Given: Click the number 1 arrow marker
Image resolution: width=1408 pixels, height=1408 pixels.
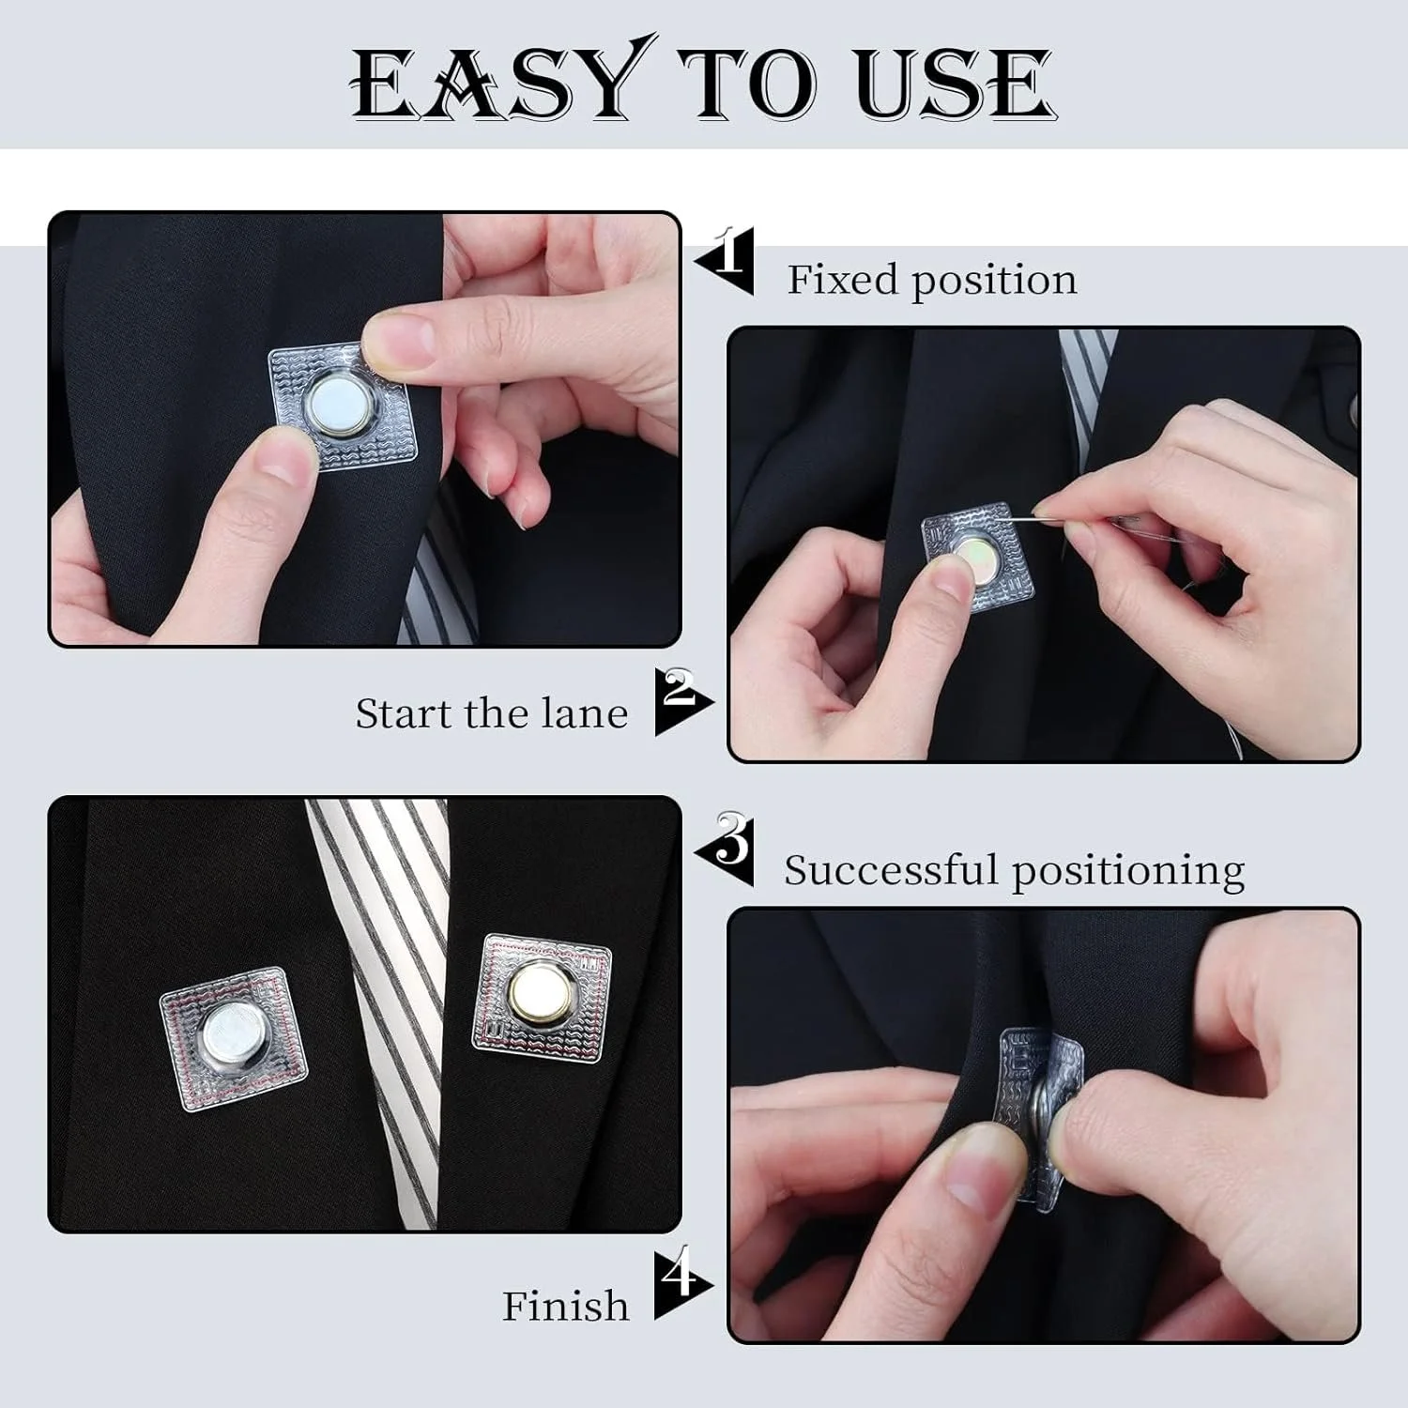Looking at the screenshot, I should pyautogui.click(x=726, y=261).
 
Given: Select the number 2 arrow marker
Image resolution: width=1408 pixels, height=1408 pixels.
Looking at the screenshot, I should pyautogui.click(x=683, y=700).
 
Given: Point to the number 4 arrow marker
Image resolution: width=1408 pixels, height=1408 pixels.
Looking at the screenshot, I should pyautogui.click(x=683, y=1282).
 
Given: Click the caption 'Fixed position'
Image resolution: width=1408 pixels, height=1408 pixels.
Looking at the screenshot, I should pyautogui.click(x=931, y=280).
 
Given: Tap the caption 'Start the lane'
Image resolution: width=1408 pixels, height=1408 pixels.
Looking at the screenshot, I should pyautogui.click(x=491, y=713).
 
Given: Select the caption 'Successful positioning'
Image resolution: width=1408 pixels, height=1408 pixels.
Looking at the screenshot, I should pyautogui.click(x=1014, y=870).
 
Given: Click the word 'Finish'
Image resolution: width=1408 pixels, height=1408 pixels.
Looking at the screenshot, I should pyautogui.click(x=565, y=1306).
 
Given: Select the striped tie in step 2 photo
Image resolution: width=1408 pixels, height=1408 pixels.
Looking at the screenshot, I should pyautogui.click(x=1084, y=375).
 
